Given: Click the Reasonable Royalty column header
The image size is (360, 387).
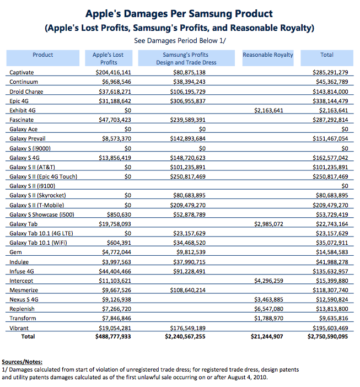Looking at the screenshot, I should (x=268, y=55).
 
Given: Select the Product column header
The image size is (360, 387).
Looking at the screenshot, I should (x=43, y=55).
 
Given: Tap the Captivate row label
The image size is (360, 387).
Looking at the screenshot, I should (x=22, y=73).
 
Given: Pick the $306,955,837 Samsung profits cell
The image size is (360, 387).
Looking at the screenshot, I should (x=189, y=101).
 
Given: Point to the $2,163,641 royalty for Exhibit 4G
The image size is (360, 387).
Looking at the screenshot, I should (x=268, y=110).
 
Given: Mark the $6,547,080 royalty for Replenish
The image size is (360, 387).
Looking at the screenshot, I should (x=268, y=309).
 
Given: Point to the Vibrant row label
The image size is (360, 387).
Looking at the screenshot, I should (x=19, y=328).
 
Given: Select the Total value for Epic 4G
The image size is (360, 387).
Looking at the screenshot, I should (x=329, y=101).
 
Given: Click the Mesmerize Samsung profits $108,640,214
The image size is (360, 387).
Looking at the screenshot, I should (x=189, y=290).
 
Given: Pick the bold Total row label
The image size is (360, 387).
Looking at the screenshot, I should (x=28, y=336).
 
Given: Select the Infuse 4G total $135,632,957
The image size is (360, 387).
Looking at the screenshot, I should (x=329, y=271).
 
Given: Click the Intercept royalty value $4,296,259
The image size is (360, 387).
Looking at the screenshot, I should (x=268, y=281).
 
